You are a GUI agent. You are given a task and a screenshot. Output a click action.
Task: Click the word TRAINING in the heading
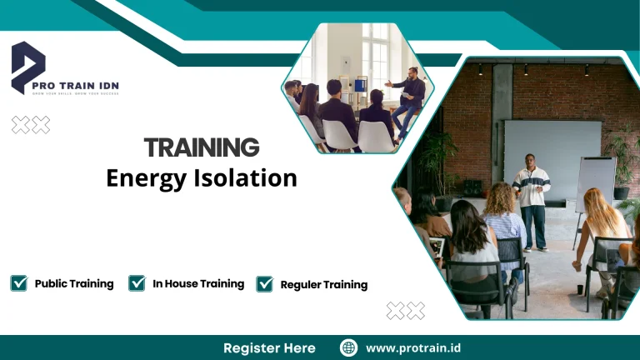(201, 147)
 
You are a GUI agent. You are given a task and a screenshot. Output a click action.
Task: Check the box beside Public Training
(19, 283)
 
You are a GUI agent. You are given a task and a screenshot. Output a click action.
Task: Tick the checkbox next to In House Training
(137, 283)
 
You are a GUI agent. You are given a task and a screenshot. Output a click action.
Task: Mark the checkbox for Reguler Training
(264, 284)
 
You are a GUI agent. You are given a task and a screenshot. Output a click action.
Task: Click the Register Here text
(269, 347)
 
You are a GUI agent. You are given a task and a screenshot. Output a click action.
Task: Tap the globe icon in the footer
(349, 347)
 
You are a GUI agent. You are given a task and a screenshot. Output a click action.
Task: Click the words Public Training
(74, 283)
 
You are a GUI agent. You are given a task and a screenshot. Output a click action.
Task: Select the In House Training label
(198, 283)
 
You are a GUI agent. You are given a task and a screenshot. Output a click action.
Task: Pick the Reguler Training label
(323, 284)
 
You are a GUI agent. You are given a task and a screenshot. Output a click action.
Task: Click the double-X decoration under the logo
(31, 125)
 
